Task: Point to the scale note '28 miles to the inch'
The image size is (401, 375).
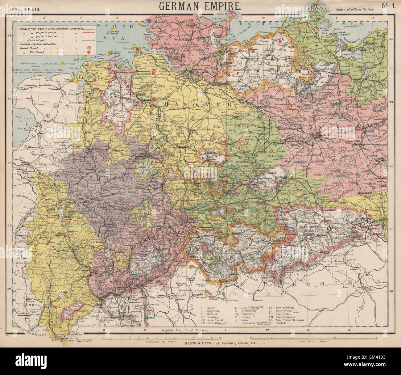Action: [x=355, y=10]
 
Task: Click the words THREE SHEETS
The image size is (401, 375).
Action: [x=24, y=9]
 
